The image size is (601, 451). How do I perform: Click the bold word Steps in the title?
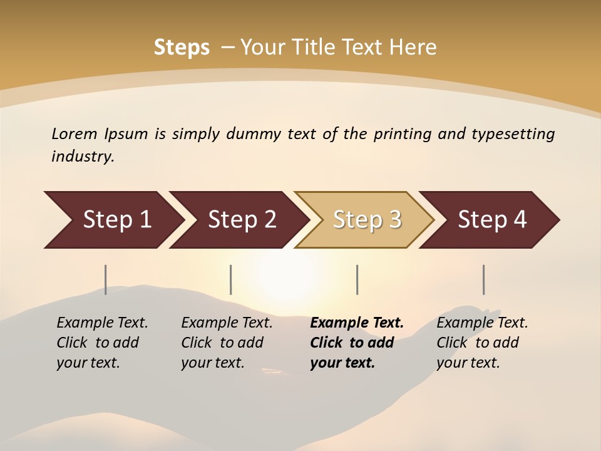[x=182, y=48]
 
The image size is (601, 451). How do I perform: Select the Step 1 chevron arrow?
[x=113, y=220]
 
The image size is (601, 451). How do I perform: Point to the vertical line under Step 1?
[x=106, y=279]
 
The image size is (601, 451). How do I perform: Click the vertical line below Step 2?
[x=231, y=279]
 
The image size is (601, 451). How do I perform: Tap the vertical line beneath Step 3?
[x=357, y=279]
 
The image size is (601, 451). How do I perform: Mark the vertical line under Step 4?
[x=483, y=279]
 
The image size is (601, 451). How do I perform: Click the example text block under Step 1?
[x=102, y=343]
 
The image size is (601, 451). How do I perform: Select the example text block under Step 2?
[x=227, y=343]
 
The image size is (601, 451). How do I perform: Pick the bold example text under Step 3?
[x=357, y=343]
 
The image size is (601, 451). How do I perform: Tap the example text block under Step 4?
[x=482, y=343]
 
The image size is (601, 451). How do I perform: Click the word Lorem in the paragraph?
[x=74, y=134]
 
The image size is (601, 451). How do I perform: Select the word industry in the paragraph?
[x=83, y=157]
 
